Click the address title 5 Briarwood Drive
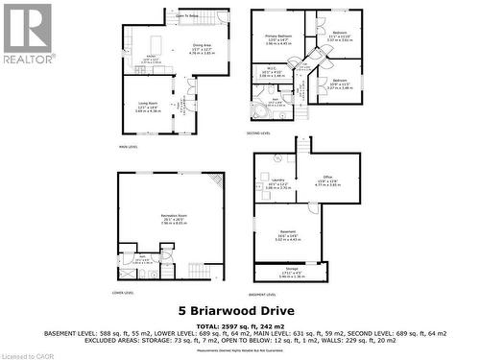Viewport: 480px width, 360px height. tap(239, 310)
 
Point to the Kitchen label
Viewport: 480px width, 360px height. tap(150, 58)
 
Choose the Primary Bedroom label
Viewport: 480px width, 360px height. tap(278, 36)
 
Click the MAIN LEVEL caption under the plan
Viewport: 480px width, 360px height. tap(129, 146)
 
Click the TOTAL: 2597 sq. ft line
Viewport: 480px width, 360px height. tap(239, 326)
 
